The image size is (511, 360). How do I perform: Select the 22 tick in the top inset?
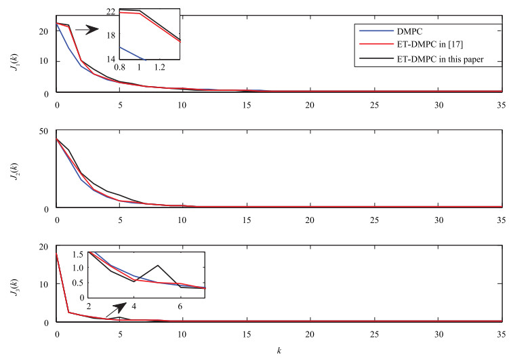click(x=110, y=10)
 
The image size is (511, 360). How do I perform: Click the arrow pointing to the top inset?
click(x=85, y=30)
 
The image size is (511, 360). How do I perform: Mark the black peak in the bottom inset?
click(x=157, y=265)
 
